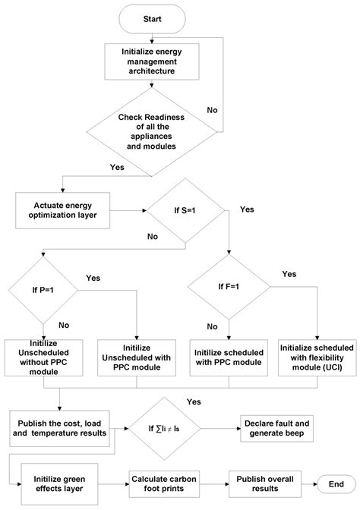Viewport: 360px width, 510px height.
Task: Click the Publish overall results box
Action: [x=265, y=483]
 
